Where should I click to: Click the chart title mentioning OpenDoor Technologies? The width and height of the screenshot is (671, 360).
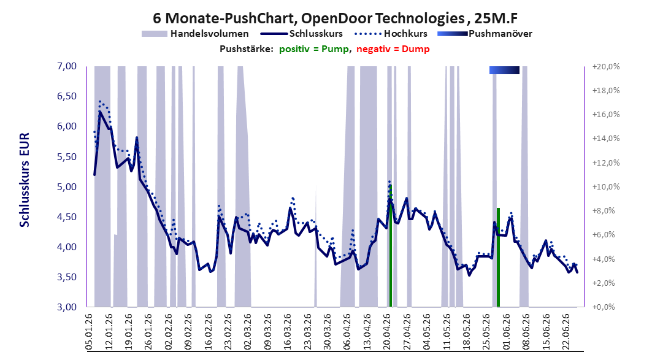tap(335, 18)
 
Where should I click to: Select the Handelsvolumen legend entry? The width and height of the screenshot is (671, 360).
tap(195, 33)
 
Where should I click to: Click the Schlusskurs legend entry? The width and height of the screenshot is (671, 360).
tap(302, 33)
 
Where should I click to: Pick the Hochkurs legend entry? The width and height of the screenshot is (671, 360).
tap(391, 33)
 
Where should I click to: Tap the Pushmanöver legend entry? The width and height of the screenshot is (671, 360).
tap(485, 33)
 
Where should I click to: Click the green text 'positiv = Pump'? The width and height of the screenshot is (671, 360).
tap(314, 49)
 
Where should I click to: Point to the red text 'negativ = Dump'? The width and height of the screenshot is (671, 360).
tap(393, 49)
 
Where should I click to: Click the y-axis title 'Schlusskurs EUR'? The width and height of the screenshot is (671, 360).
tap(25, 180)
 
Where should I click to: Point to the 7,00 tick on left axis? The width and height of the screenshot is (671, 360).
tap(67, 66)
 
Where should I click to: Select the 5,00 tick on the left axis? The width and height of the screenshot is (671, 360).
tap(67, 186)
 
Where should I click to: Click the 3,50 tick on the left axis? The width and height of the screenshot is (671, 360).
tap(67, 277)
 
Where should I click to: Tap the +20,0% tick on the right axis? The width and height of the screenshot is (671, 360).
tap(606, 67)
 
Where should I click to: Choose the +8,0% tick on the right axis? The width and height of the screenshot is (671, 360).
tap(604, 210)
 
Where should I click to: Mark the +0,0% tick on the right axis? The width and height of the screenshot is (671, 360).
tap(604, 307)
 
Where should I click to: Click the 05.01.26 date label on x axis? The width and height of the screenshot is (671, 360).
tap(90, 332)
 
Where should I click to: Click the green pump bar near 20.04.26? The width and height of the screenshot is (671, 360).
tap(391, 246)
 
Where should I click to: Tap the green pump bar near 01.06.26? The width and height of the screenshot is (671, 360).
tap(498, 257)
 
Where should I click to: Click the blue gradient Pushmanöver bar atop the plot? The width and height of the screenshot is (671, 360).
tap(505, 70)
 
